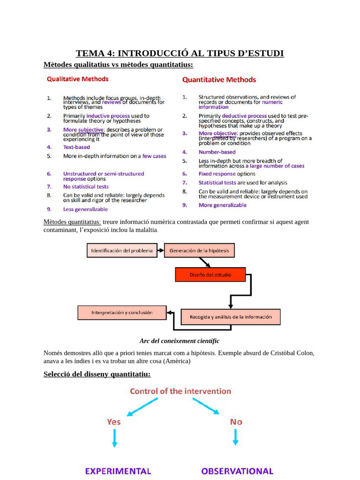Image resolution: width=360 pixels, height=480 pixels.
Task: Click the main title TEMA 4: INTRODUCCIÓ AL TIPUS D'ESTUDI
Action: [x=180, y=53]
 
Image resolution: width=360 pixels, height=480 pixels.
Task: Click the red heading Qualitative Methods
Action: [x=77, y=79]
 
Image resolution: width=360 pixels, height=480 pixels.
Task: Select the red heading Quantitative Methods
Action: [x=219, y=80]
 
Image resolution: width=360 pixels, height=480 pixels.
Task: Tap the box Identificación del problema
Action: [x=122, y=251]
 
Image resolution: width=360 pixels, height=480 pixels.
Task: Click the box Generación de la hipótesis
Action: [x=199, y=251]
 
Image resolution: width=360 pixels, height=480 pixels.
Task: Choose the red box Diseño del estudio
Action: [x=210, y=275]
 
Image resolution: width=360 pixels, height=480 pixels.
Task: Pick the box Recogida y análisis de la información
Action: [x=230, y=317]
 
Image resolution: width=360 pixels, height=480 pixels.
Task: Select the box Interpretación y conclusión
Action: [x=122, y=313]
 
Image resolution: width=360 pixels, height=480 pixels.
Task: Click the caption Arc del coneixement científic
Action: [x=180, y=341]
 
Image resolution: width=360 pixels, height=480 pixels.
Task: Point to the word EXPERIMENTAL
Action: [x=118, y=471]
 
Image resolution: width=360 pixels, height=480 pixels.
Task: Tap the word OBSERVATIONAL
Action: [x=237, y=471]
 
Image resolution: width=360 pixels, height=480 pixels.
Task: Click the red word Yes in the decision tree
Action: [x=114, y=422]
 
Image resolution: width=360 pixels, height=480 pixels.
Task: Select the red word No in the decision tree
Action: [x=236, y=422]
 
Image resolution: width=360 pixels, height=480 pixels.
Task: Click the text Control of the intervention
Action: [x=180, y=391]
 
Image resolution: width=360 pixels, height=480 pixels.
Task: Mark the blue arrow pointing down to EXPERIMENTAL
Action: [x=114, y=438]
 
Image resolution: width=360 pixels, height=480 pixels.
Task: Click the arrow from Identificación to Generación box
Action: [x=159, y=251]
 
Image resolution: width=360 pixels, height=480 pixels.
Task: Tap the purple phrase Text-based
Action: [x=76, y=147]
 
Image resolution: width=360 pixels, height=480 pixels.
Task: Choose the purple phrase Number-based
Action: [x=217, y=152]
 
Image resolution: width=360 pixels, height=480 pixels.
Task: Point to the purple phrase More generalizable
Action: [x=222, y=205]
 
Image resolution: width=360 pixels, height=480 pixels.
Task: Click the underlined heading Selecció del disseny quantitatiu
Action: [x=97, y=374]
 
